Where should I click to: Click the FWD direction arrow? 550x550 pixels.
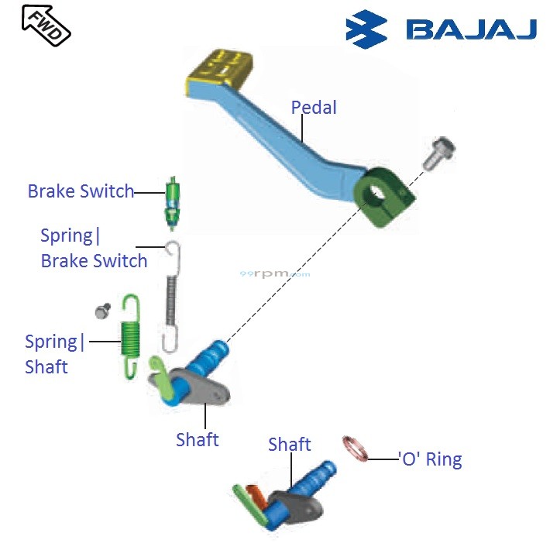46,24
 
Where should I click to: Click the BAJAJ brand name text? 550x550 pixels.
471,30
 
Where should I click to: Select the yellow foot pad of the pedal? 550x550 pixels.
219,69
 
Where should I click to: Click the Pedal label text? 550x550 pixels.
314,108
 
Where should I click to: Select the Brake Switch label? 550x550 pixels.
81,191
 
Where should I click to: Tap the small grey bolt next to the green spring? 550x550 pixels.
101,311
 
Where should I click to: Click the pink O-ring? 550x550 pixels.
354,447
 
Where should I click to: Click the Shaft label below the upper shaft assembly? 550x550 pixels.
197,439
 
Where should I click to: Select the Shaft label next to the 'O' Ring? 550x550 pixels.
289,444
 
